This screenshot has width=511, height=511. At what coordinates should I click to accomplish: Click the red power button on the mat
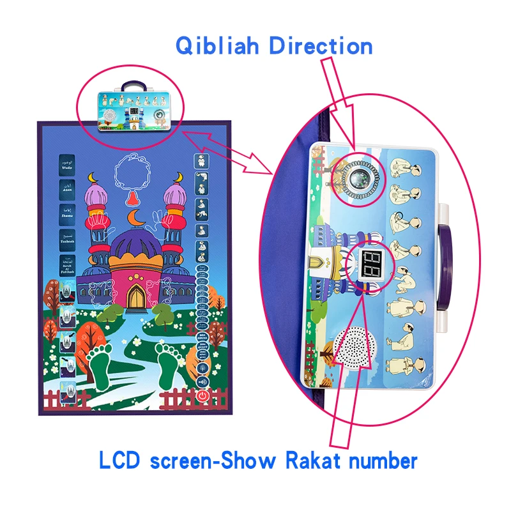point(202,395)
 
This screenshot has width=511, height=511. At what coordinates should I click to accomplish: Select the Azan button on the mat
point(68,188)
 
